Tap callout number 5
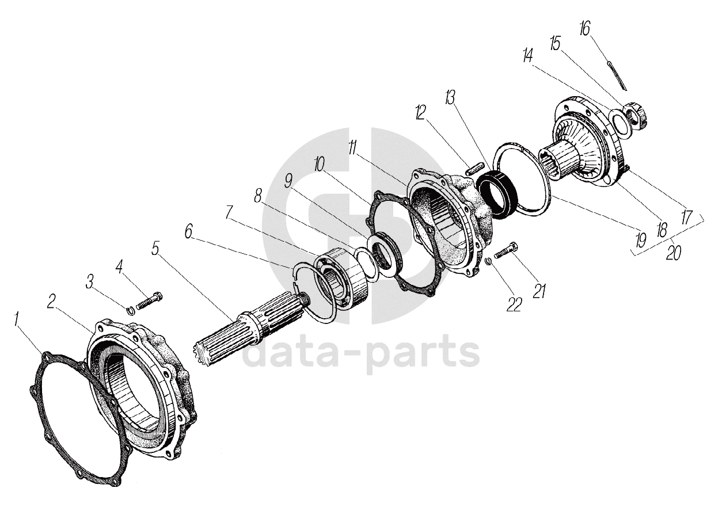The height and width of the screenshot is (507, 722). coord(155,249)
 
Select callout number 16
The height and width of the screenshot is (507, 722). coord(585,29)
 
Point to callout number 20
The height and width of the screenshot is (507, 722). coord(671,251)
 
